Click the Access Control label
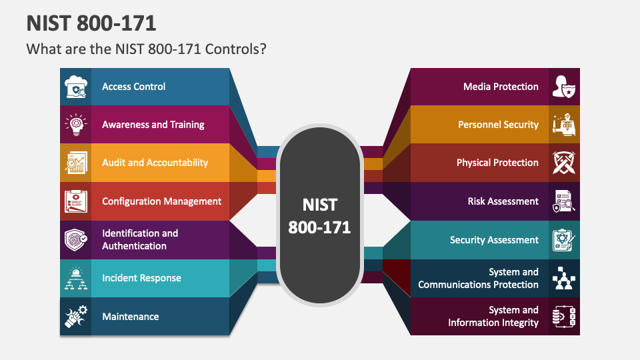133,87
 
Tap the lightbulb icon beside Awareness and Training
76,125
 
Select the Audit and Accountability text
155,163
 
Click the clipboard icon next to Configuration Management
76,201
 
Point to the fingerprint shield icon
76,239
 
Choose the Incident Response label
141,278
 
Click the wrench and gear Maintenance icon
76,316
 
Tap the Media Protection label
501,87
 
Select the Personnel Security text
499,125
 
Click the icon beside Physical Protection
564,163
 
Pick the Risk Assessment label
503,201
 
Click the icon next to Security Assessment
564,240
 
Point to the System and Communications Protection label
479,279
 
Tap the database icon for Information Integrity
564,316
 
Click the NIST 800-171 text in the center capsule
319,216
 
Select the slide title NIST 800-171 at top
91,23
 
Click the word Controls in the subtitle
235,49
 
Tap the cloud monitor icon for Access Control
76,87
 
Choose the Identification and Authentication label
140,239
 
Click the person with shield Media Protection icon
564,87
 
